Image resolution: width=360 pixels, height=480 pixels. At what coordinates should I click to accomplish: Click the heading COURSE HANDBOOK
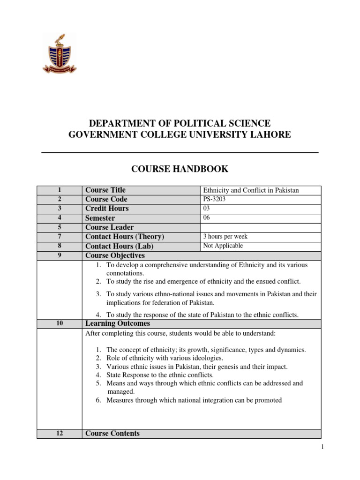(180, 169)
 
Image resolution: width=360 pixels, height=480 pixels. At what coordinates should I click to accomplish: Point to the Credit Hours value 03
(207, 208)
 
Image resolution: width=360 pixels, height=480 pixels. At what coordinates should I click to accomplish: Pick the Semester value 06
(207, 217)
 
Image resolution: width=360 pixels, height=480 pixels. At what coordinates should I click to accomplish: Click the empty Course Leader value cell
(261, 227)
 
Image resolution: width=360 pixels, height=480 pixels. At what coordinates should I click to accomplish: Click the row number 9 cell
(59, 255)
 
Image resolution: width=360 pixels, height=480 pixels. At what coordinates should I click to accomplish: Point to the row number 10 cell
(59, 323)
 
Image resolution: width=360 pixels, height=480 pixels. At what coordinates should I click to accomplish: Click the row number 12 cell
(59, 434)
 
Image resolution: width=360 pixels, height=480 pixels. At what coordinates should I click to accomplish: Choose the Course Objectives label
(115, 255)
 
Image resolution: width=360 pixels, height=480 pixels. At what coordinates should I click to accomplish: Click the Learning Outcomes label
(117, 323)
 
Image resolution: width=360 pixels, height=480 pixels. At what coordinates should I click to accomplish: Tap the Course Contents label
(112, 434)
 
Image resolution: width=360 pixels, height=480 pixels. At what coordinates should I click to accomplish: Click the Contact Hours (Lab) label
(119, 246)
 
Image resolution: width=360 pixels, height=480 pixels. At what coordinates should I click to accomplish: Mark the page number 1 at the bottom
(322, 447)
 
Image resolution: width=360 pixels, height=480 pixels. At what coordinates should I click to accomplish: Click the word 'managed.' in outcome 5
(120, 391)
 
